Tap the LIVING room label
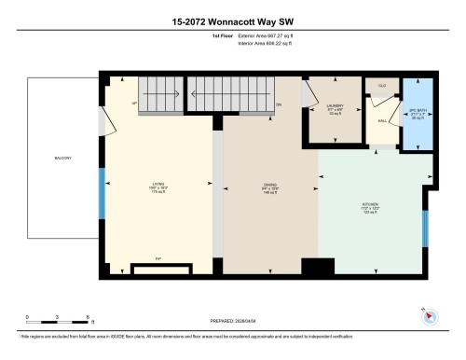(x=159, y=184)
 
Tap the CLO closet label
(x=381, y=86)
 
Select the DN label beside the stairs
(x=279, y=104)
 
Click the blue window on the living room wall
(x=103, y=191)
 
